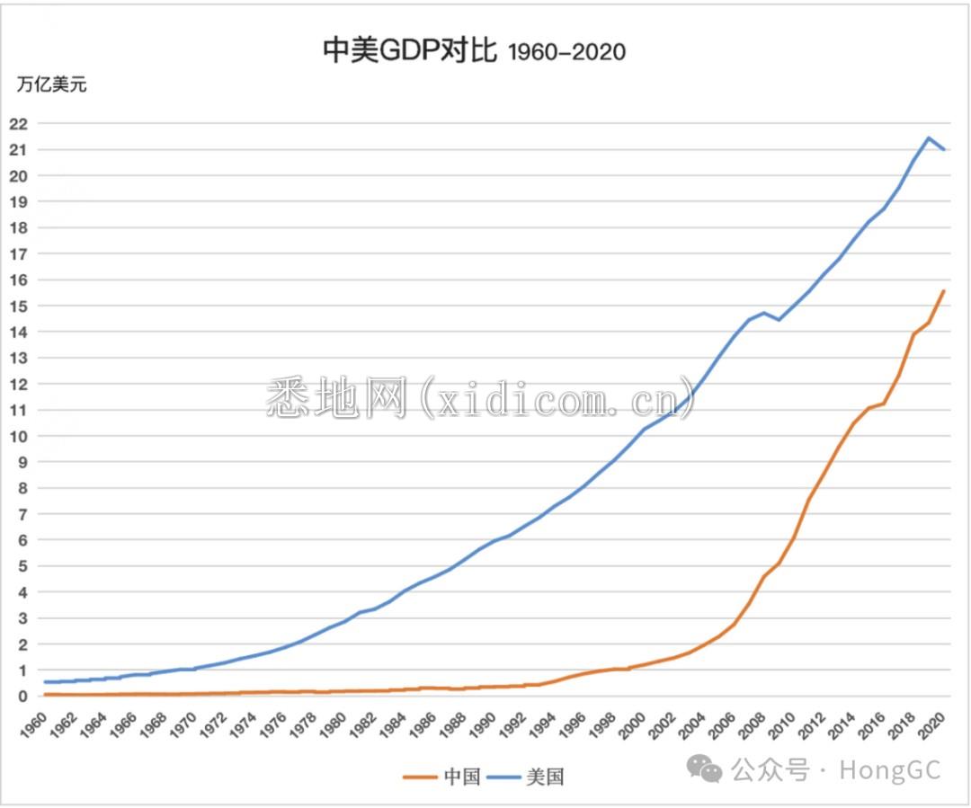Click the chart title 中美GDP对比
point(409,51)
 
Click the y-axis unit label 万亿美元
point(51,85)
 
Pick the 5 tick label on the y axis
point(23,566)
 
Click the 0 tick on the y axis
point(23,697)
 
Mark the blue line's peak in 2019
point(928,138)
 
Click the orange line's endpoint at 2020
point(943,290)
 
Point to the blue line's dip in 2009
point(779,320)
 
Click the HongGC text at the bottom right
point(890,770)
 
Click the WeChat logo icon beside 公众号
point(705,768)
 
